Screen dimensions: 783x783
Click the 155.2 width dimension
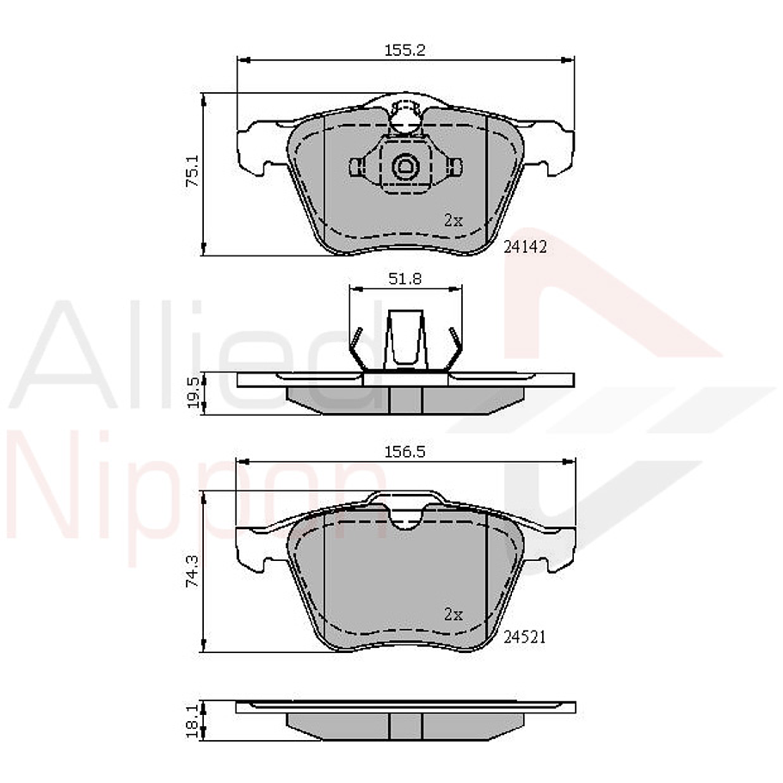click(x=404, y=50)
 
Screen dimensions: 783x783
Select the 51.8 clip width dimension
click(x=404, y=279)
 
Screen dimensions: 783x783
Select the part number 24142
click(x=525, y=245)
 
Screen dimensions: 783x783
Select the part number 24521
click(x=525, y=637)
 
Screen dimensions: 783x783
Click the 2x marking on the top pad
click(x=453, y=220)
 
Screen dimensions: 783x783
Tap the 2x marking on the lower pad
click(x=453, y=614)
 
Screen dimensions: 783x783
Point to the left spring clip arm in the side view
click(x=355, y=348)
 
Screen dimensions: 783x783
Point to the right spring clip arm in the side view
click(x=453, y=348)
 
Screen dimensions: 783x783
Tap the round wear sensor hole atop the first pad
click(x=404, y=120)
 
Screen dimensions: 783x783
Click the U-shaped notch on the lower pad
click(x=405, y=517)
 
